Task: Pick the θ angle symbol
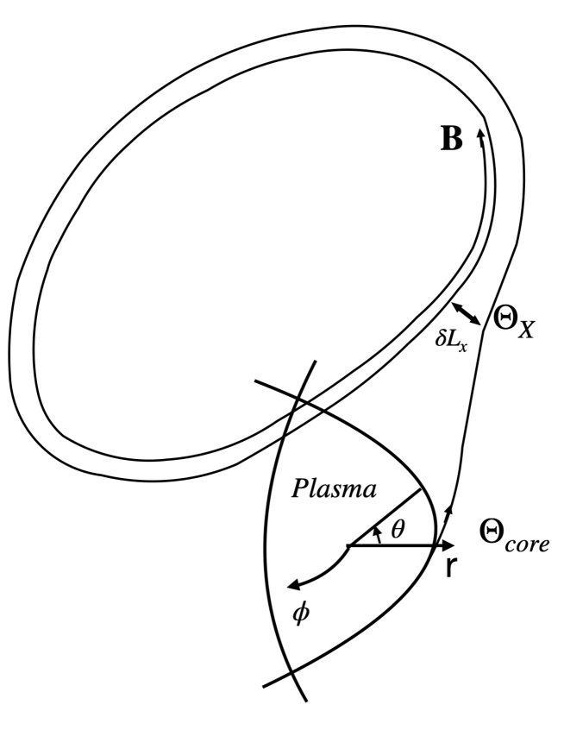[397, 530]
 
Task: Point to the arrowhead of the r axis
[448, 546]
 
